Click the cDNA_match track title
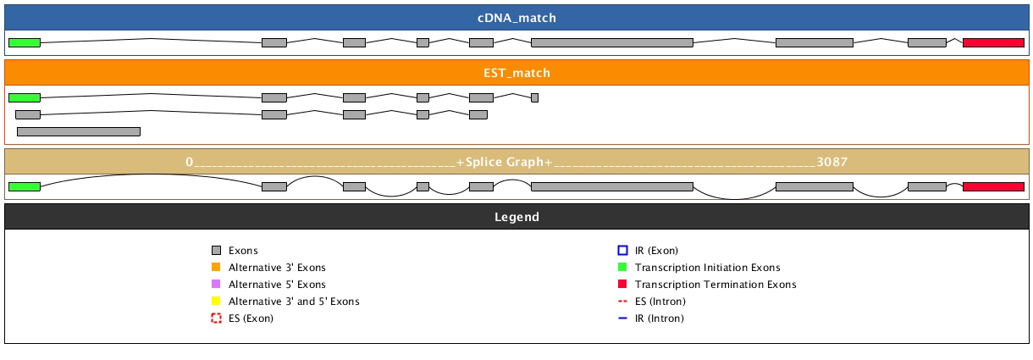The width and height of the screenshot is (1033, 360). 516,18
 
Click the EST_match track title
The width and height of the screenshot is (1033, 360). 516,73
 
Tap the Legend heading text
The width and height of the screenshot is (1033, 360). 516,217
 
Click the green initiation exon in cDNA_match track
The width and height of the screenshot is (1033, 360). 25,42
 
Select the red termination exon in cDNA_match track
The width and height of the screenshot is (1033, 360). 993,42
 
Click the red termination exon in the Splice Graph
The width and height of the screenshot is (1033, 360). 993,186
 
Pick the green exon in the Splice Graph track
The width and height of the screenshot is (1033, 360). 25,186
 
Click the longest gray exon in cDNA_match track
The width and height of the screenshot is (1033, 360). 611,42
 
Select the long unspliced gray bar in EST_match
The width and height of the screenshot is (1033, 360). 78,131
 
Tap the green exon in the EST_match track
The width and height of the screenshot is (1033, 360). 25,97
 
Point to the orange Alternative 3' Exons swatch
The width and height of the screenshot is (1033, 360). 216,268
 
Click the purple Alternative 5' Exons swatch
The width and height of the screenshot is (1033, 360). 216,285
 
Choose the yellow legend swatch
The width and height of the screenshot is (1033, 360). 216,302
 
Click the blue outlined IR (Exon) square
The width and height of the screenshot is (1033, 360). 622,251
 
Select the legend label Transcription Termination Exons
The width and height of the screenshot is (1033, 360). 715,285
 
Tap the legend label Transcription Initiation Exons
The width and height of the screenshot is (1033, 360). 707,268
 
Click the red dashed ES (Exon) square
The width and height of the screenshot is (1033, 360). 216,318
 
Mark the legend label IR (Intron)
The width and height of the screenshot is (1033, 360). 659,318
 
